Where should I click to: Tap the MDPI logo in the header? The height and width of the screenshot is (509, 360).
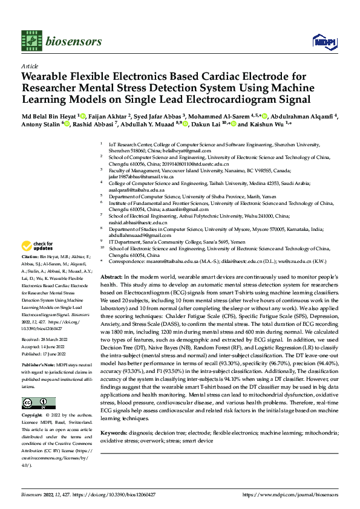(322, 40)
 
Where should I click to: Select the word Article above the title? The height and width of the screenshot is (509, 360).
(30, 66)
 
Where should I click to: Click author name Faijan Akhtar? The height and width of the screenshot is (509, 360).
(105, 115)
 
